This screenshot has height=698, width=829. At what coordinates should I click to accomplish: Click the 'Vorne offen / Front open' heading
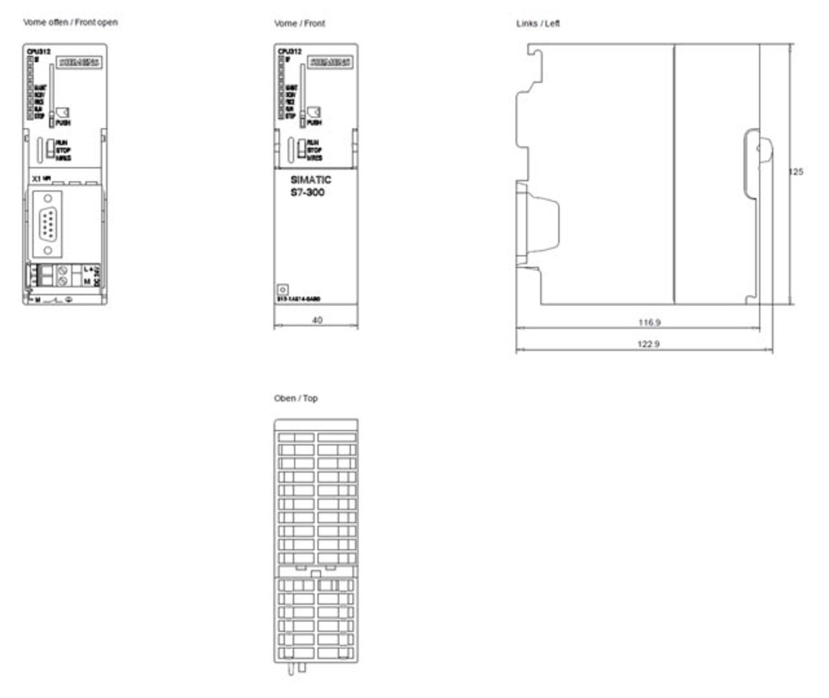tap(70, 23)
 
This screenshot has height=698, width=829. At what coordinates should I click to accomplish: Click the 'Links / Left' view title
tap(538, 24)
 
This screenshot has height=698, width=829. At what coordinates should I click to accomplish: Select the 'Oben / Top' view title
tap(296, 398)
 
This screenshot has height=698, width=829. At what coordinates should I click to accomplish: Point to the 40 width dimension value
tap(317, 320)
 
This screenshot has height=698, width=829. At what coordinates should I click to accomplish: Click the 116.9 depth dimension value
tap(649, 322)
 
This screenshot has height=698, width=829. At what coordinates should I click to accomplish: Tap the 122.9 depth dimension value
tap(648, 344)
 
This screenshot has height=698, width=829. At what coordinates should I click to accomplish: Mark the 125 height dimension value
tap(796, 172)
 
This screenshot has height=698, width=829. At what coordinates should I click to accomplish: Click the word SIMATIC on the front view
tap(311, 180)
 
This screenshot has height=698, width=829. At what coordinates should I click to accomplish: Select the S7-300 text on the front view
tap(307, 192)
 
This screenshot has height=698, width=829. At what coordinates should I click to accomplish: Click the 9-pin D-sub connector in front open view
tap(48, 224)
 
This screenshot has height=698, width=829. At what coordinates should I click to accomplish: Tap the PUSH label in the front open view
tap(63, 123)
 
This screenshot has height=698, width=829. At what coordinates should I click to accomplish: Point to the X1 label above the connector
tap(36, 179)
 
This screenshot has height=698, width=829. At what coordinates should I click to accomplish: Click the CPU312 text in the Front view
tap(290, 51)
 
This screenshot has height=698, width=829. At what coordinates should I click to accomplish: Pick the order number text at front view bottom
tap(298, 299)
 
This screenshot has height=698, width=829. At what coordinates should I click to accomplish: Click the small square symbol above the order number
tap(282, 290)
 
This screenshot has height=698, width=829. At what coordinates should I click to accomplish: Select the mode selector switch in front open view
tap(50, 148)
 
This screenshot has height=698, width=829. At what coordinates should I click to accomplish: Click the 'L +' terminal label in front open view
tap(88, 269)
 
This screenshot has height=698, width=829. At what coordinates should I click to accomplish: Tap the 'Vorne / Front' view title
tap(299, 24)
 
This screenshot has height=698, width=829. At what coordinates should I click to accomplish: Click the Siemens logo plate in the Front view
tap(330, 62)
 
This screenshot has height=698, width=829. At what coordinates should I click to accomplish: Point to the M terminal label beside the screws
tap(87, 281)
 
